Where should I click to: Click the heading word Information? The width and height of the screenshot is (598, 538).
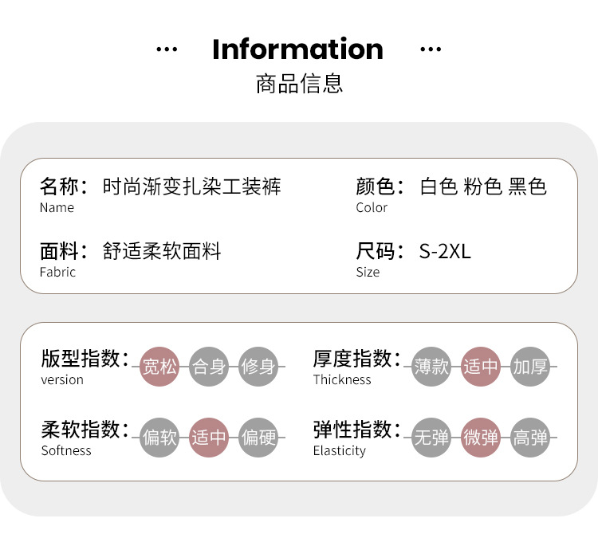297,49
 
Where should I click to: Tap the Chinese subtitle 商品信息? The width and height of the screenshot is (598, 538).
299,83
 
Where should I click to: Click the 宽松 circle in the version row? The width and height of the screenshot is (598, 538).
159,367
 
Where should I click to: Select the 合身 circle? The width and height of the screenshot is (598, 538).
209,367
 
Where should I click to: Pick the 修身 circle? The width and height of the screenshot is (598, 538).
258,367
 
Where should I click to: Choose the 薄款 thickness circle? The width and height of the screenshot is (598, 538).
431,367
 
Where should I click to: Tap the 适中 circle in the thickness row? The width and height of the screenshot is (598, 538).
481,367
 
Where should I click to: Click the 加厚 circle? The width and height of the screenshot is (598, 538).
530,367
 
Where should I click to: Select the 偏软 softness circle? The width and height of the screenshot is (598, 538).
159,438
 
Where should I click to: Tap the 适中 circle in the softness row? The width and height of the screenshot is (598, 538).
209,438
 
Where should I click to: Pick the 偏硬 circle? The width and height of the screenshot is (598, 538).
258,438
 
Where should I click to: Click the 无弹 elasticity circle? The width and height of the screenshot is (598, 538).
431,438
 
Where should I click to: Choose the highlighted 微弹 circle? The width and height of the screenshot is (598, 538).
481,438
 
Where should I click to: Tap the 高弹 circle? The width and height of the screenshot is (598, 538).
530,438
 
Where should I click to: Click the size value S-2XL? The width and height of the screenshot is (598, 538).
445,252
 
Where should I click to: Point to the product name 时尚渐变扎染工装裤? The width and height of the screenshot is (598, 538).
192,187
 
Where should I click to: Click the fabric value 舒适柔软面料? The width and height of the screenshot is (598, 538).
162,252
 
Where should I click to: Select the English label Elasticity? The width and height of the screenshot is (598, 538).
339,451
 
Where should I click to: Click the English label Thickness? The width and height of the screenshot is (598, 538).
342,380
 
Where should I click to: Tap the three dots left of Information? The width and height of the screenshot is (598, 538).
167,49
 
